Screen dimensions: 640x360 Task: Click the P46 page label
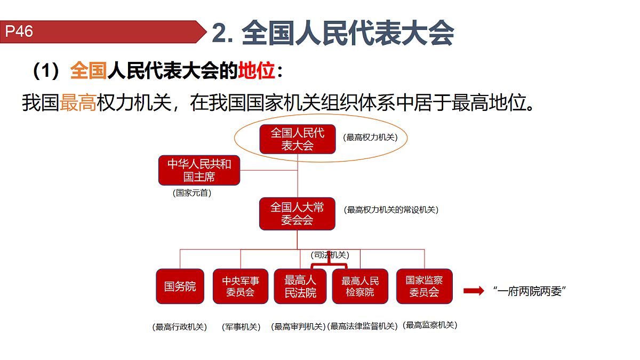point(19,31)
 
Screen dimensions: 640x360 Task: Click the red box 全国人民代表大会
point(298,139)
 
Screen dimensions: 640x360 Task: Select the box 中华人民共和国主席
point(199,170)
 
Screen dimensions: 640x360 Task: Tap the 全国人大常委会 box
point(297,214)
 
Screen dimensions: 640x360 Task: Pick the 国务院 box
point(180,286)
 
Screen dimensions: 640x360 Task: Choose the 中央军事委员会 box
point(241,286)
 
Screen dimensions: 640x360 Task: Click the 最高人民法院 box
point(300,286)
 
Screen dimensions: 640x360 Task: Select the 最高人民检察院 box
point(360,286)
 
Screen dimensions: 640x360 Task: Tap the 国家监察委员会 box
point(425,286)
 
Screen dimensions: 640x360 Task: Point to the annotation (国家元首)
point(192,193)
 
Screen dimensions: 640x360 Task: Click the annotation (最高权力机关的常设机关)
point(391,210)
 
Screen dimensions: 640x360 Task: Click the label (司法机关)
point(330,255)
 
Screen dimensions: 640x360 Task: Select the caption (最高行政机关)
point(179,327)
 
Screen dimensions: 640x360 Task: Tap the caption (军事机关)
point(241,327)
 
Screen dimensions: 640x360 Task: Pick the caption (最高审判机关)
point(298,326)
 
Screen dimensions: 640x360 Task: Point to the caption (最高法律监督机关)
point(362,326)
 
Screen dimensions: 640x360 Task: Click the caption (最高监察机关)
point(430,325)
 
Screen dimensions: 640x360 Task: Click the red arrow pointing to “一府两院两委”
point(474,291)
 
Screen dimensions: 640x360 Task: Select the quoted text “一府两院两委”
point(530,291)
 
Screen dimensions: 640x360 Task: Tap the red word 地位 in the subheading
point(257,70)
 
